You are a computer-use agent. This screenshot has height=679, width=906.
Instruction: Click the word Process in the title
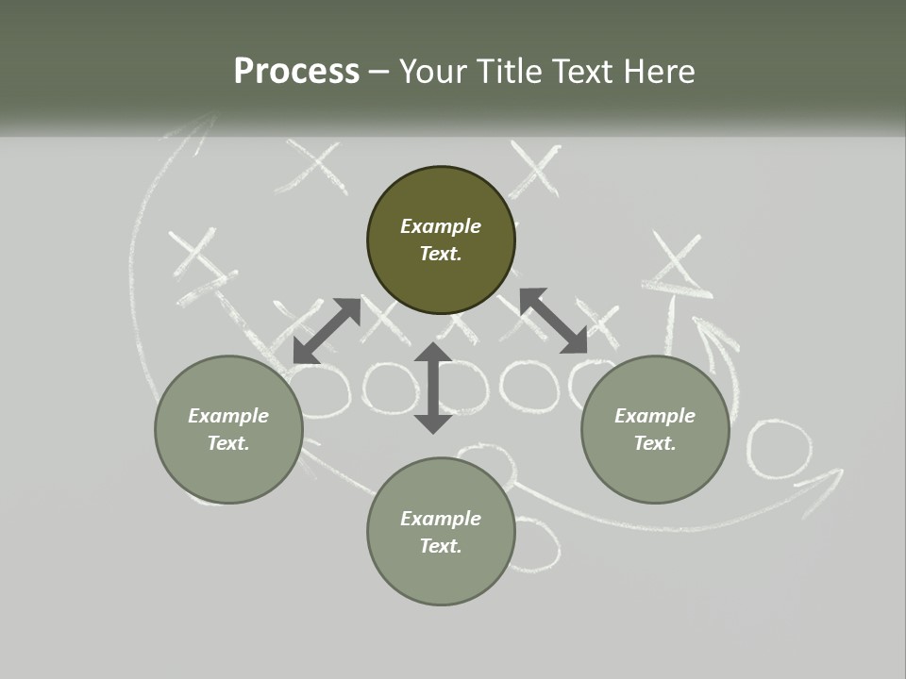(296, 72)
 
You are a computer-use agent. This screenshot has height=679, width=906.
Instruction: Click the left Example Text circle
(228, 429)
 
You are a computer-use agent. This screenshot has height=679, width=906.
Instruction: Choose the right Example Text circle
(655, 429)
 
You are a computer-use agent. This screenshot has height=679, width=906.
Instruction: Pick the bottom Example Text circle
(441, 531)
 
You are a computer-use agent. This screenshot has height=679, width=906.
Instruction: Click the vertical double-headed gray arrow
(433, 388)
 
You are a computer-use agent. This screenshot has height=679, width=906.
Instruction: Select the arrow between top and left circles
(327, 330)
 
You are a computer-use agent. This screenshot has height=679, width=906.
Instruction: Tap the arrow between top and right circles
(553, 322)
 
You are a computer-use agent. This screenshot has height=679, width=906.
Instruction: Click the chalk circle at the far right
(779, 447)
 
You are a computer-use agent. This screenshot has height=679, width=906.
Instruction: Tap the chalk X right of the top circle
(534, 169)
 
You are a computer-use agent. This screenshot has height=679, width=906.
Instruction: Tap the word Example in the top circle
(441, 226)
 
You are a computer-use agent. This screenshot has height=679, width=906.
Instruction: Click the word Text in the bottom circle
(441, 546)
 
